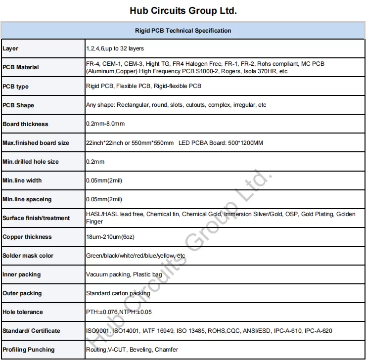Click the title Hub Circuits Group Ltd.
pos(183,10)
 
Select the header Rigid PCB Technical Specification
pos(183,31)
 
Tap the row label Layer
pos(10,49)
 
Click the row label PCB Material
pos(21,67)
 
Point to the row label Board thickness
pos(26,124)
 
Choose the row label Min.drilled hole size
pos(31,162)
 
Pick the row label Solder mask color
pos(28,256)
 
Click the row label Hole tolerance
pos(23,312)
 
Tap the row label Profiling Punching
pos(29,350)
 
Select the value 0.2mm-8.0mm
pos(105,124)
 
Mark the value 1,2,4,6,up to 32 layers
pos(115,49)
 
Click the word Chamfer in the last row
pos(166,350)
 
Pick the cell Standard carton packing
pos(118,293)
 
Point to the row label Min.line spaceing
pos(27,199)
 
